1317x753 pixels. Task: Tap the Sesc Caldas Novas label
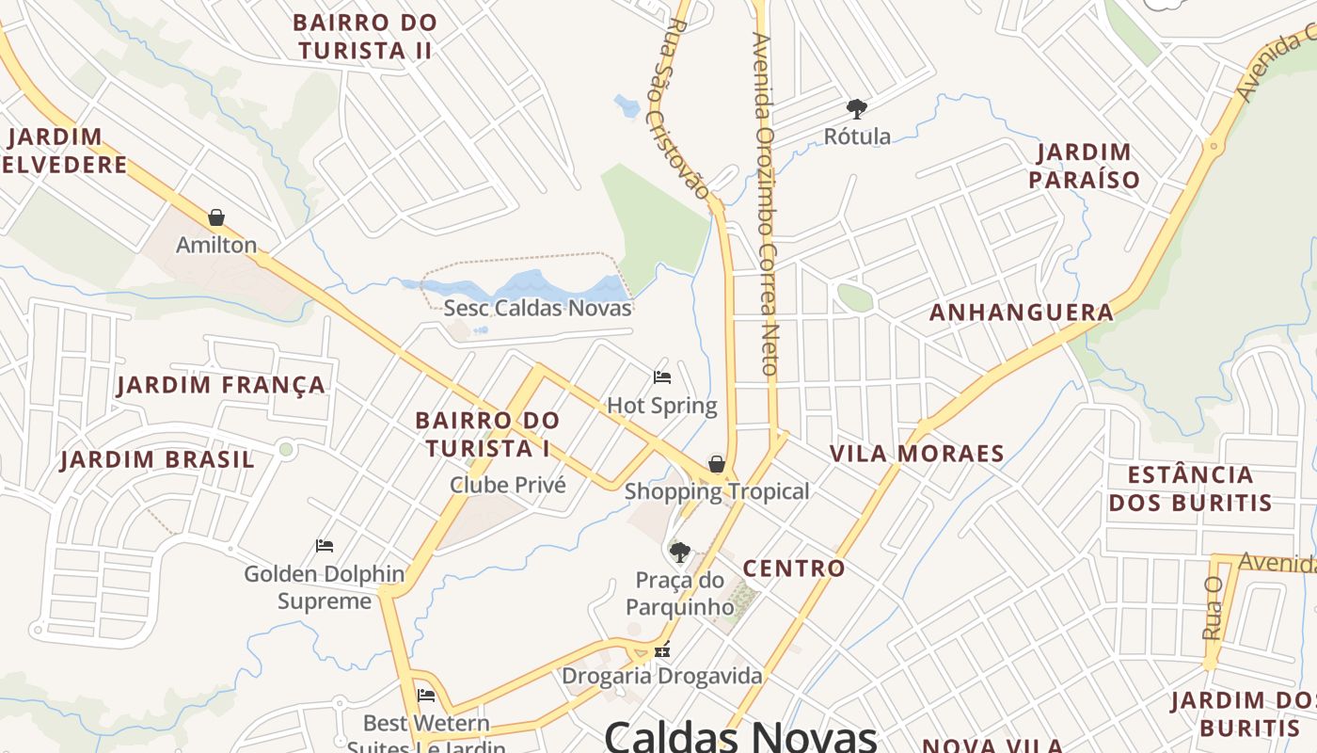537,308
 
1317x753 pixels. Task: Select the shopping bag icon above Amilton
216,218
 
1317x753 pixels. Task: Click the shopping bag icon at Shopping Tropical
717,464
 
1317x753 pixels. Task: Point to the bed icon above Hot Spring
662,377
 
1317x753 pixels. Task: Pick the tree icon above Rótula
856,108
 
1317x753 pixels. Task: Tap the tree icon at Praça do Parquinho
679,552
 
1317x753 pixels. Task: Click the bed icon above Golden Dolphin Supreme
325,546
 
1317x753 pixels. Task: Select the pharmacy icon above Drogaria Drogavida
662,649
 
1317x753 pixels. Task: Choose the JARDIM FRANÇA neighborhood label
221,385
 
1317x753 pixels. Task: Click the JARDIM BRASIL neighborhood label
157,459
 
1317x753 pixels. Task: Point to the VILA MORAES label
916,454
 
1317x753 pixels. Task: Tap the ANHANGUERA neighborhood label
1022,312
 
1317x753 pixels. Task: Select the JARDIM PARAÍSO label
1084,166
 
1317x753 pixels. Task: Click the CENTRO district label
794,569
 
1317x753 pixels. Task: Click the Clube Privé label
508,485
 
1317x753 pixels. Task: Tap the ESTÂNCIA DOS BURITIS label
1190,488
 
